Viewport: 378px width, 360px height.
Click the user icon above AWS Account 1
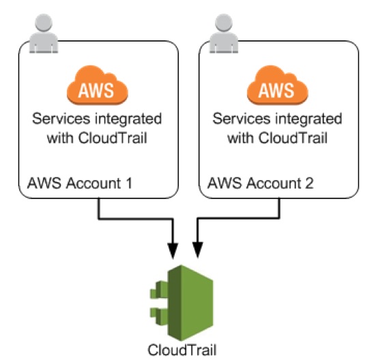44,33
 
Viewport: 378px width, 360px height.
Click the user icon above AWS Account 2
224,33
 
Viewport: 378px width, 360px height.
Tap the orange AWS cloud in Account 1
98,85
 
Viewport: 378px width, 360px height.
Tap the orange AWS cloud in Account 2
278,85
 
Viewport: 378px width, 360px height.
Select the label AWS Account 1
80,183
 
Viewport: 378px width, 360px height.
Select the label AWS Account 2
261,183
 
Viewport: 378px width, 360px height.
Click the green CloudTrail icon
181,303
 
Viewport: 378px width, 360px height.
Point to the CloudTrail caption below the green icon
182,350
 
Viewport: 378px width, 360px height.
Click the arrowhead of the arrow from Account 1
173,251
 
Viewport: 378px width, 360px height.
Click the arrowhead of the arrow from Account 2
198,250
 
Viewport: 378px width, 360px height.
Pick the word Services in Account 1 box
61,119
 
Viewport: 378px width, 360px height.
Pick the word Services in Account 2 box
242,119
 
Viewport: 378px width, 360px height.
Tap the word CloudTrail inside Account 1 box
113,138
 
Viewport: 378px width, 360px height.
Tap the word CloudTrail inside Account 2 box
293,138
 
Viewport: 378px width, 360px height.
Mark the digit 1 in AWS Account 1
129,183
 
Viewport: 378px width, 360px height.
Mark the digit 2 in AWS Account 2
309,183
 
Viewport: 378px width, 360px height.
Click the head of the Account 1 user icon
44,22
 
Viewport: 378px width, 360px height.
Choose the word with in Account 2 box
240,138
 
